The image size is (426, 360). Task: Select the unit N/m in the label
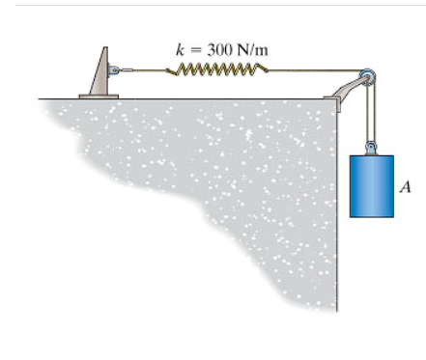tap(240, 45)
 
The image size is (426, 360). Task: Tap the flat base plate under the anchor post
tap(99, 95)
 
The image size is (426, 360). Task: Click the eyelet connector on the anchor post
tap(115, 69)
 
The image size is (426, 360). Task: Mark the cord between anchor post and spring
tap(145, 69)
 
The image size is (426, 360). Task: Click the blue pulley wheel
tap(366, 76)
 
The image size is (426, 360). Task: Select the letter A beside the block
tap(408, 187)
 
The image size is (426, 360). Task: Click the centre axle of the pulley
tap(367, 76)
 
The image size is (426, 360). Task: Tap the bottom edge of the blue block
tap(372, 216)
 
